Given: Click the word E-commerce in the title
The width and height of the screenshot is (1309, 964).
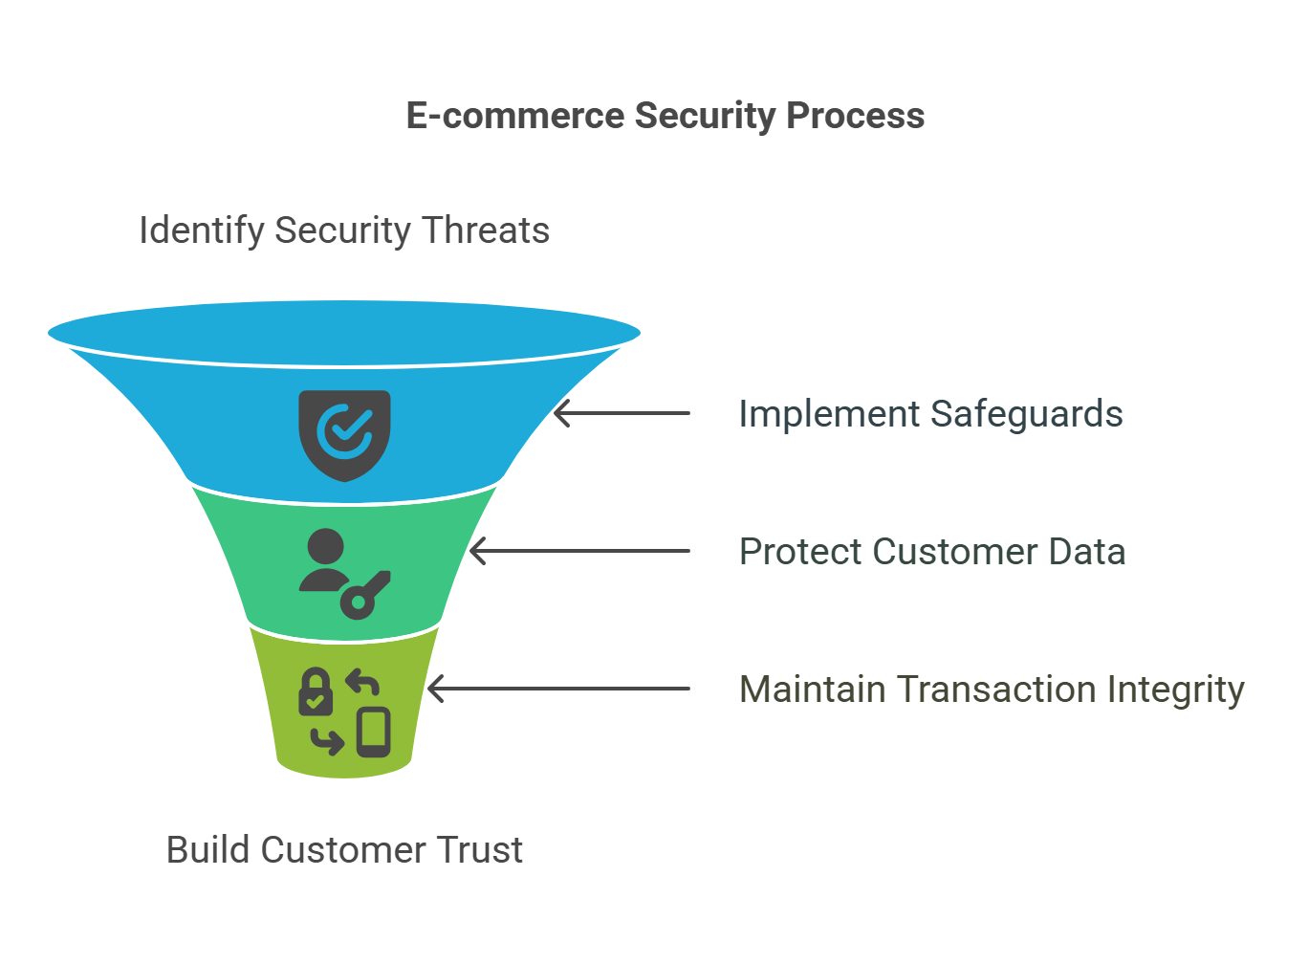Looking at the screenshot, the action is pyautogui.click(x=515, y=116).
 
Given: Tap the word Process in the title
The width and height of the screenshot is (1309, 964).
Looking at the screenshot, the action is pyautogui.click(x=855, y=116).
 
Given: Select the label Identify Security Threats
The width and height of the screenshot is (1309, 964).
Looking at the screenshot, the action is pyautogui.click(x=344, y=230).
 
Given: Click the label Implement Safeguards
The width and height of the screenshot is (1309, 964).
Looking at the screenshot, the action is pyautogui.click(x=930, y=414).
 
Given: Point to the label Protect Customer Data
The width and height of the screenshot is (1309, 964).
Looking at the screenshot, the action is pyautogui.click(x=932, y=551).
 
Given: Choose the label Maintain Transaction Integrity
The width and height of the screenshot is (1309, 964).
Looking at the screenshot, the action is pyautogui.click(x=992, y=690).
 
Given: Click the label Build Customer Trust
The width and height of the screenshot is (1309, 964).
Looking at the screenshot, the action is pyautogui.click(x=344, y=849).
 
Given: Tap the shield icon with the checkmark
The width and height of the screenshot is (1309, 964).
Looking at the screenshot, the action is pyautogui.click(x=344, y=435).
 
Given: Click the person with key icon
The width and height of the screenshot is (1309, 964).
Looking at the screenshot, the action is pyautogui.click(x=344, y=574).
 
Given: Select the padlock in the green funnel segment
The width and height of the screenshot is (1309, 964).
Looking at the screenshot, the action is pyautogui.click(x=316, y=691).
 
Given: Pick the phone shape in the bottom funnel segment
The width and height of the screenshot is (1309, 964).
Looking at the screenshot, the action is pyautogui.click(x=374, y=732).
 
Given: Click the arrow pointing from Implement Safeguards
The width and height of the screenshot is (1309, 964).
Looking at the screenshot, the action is pyautogui.click(x=622, y=413).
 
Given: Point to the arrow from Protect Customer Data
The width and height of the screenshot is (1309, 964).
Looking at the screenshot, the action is pyautogui.click(x=579, y=551).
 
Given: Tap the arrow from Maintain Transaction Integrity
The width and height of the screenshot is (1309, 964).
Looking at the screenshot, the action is pyautogui.click(x=558, y=689).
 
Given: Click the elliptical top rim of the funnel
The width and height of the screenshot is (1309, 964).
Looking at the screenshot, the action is pyautogui.click(x=344, y=333).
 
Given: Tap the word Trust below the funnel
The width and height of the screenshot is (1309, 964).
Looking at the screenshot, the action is pyautogui.click(x=479, y=849).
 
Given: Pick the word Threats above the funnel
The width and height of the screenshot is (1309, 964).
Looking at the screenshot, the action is pyautogui.click(x=486, y=230).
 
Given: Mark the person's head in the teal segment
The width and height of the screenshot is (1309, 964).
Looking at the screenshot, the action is pyautogui.click(x=325, y=547).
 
